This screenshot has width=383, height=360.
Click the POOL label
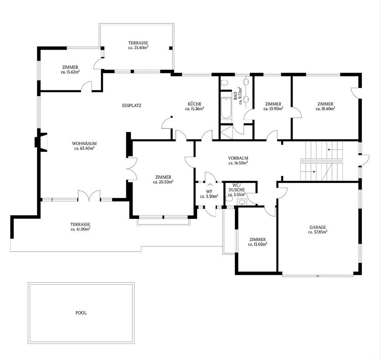(81, 313)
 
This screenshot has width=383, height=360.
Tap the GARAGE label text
(318, 227)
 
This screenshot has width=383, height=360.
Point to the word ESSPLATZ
(132, 106)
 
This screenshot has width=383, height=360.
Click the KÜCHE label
(194, 104)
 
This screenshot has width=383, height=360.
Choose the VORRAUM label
(238, 158)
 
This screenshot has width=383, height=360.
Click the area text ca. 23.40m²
(138, 48)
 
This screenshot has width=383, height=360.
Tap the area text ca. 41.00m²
(81, 229)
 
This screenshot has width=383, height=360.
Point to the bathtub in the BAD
(226, 108)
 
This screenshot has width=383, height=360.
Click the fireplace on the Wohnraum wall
(40, 142)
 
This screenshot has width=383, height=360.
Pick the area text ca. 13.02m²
(257, 244)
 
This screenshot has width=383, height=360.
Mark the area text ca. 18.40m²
(325, 109)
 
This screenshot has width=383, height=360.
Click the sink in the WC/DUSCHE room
(242, 202)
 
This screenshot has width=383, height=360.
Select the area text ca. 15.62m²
(70, 72)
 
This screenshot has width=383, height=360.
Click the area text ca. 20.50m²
(163, 182)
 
